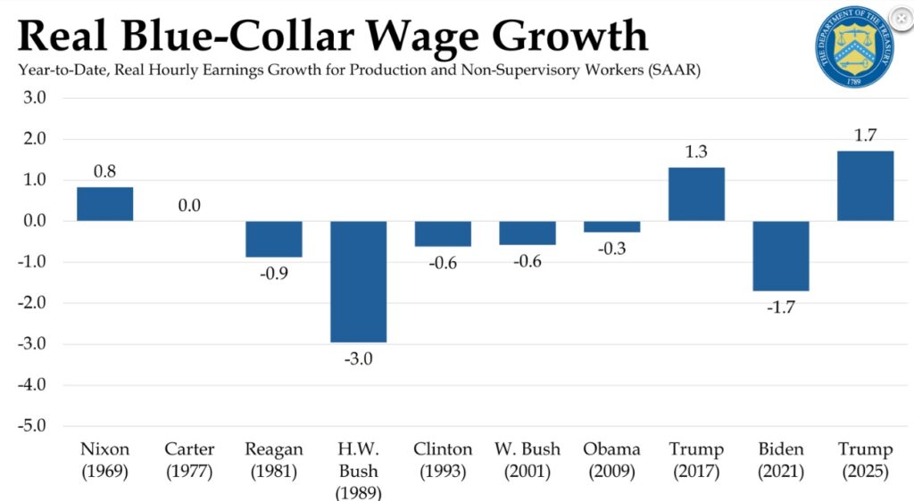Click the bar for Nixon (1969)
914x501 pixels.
(104, 204)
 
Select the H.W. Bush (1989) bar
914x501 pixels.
(358, 281)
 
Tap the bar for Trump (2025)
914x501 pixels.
(865, 186)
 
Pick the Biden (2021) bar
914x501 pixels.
(780, 256)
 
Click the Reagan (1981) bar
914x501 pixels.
(274, 239)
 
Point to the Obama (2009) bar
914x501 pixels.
(611, 226)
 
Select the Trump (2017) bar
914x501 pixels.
(696, 194)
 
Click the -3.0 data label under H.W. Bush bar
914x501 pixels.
(358, 359)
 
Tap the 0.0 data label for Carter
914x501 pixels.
(188, 205)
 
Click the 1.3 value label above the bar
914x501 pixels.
(696, 152)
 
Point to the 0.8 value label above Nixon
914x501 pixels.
(104, 172)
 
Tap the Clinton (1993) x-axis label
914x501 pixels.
(443, 460)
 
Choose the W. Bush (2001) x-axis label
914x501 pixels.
(527, 460)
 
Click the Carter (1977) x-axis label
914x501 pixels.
(189, 460)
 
